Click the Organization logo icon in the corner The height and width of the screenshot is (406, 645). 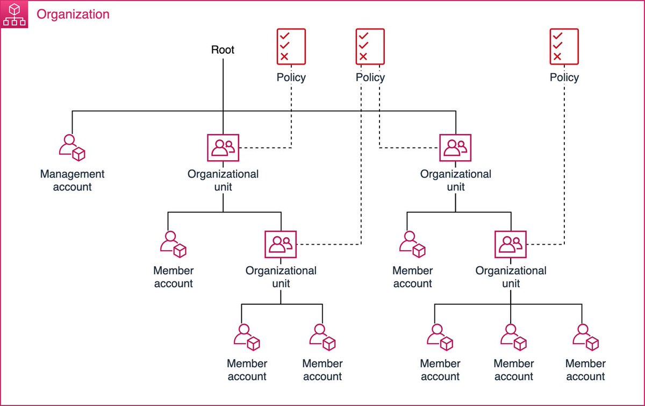14,14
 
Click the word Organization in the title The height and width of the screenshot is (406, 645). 73,15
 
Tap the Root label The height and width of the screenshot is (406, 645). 223,50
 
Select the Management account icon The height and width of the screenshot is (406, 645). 72,147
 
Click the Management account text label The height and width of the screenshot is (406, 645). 72,180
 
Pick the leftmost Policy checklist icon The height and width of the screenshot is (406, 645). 291,46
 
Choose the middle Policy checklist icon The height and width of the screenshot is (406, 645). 370,46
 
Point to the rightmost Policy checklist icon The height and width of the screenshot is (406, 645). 564,46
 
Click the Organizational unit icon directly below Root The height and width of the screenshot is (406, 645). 223,147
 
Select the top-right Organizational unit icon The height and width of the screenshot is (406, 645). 455,147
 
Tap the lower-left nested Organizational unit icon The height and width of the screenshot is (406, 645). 281,244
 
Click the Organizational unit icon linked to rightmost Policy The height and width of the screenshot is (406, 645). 511,244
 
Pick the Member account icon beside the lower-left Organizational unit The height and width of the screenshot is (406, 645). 173,244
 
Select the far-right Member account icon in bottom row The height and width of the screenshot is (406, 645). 586,337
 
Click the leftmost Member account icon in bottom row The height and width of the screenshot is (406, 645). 247,337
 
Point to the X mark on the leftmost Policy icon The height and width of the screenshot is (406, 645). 284,56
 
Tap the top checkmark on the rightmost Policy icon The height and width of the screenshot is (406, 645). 558,35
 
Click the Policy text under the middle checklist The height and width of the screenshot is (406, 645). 370,77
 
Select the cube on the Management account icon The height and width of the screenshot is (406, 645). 78,154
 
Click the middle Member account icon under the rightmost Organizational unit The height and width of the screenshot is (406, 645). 513,337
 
